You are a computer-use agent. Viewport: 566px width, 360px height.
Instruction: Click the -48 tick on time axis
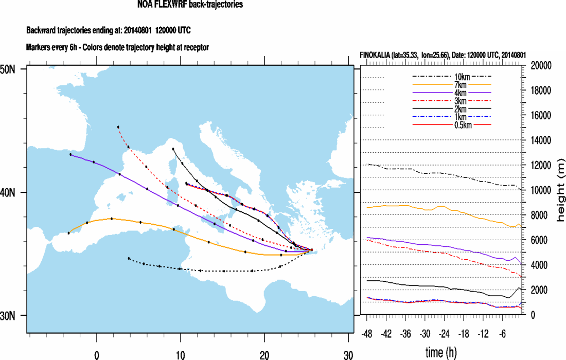(367, 333)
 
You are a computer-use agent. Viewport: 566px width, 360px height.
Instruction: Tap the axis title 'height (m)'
(560, 190)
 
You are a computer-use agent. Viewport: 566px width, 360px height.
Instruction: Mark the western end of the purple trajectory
(71, 154)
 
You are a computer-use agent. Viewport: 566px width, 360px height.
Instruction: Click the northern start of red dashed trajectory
(118, 127)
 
